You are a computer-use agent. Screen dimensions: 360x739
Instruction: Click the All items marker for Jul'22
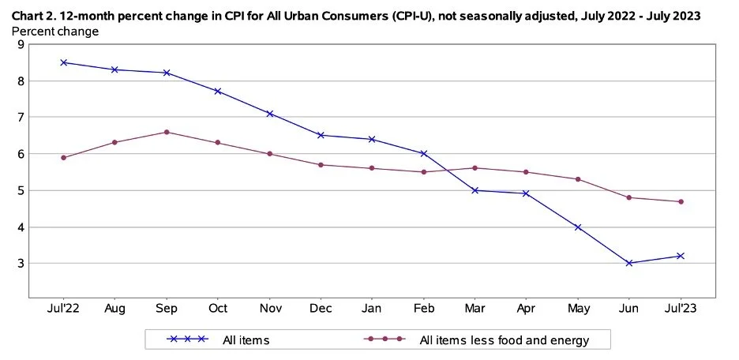[x=64, y=62]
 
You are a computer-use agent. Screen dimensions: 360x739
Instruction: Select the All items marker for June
[x=629, y=263]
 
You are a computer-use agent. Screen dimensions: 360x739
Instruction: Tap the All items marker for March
[x=475, y=190]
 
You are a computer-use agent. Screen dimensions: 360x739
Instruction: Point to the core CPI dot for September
[x=167, y=132]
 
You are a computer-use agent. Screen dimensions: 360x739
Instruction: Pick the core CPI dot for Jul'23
[x=681, y=201]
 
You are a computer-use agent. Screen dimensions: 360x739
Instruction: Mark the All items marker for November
[x=269, y=114]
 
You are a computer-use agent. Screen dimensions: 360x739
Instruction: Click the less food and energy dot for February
[x=424, y=172]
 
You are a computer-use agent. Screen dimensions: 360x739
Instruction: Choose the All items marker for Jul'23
[x=681, y=256]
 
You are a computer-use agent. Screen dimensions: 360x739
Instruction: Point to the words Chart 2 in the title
[x=34, y=15]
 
